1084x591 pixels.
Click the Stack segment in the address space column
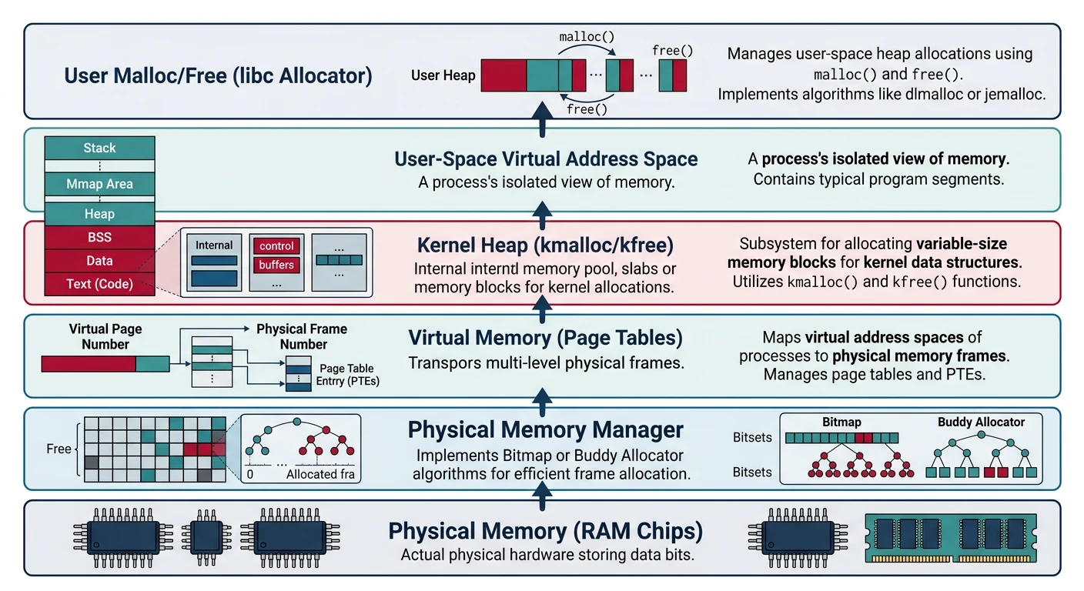click(99, 148)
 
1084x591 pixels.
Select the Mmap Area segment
click(99, 184)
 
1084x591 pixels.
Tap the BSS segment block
click(99, 238)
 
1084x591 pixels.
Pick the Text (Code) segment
click(99, 283)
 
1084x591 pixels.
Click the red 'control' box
click(276, 246)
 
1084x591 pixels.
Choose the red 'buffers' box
click(276, 265)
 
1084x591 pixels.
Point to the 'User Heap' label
click(443, 75)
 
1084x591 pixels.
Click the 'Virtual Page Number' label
click(105, 336)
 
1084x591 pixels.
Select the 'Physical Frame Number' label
click(302, 336)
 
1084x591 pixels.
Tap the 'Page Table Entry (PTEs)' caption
click(347, 375)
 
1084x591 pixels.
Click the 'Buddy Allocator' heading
click(981, 422)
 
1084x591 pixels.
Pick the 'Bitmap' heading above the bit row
click(841, 422)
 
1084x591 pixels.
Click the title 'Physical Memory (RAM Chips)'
click(545, 532)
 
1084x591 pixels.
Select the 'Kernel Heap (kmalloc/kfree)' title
click(545, 245)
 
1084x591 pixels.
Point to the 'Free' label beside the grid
click(59, 449)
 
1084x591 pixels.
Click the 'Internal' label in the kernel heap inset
click(214, 245)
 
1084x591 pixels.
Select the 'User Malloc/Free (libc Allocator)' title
click(218, 76)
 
